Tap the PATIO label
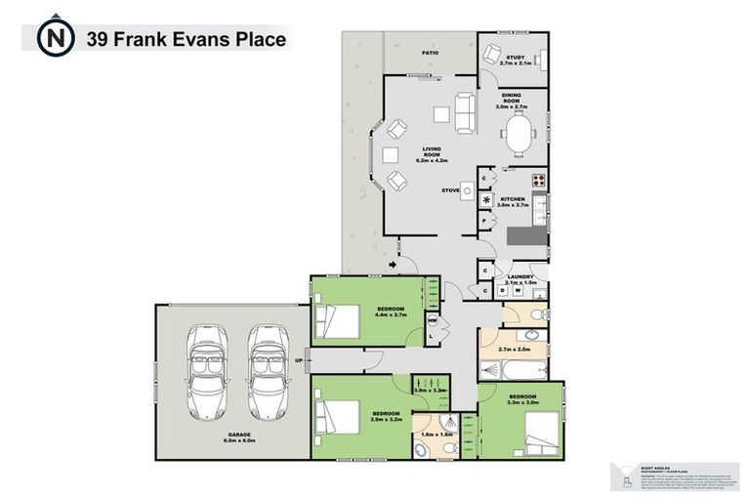(429, 54)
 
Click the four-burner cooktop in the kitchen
(536, 180)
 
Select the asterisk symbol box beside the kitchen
(487, 200)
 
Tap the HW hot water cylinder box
(433, 319)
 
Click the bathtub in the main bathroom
(513, 370)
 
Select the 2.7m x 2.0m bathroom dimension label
(514, 349)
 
